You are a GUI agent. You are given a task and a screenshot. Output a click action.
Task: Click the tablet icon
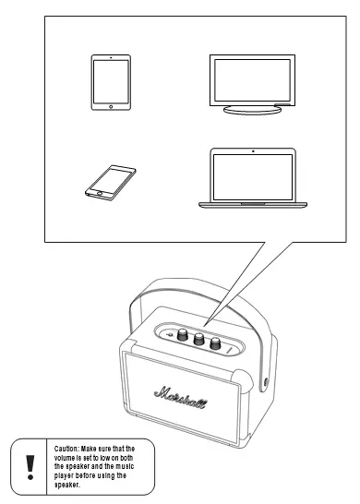(111, 82)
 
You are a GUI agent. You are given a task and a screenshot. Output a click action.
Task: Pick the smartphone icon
(111, 181)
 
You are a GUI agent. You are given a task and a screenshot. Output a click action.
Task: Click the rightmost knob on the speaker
(215, 343)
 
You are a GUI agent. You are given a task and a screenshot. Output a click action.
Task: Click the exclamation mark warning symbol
(30, 467)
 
